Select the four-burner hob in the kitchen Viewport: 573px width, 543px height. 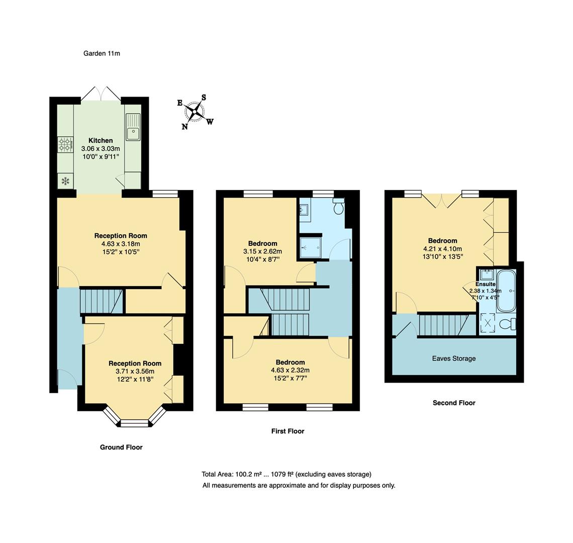[65, 144]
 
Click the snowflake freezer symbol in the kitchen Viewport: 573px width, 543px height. [65, 181]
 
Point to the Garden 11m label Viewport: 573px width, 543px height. [102, 53]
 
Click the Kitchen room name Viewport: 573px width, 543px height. [101, 140]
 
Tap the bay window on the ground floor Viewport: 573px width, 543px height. [135, 419]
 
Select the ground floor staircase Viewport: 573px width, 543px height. [102, 301]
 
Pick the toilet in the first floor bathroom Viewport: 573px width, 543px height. [338, 207]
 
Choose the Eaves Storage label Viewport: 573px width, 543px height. [453, 358]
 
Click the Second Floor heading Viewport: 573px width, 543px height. [453, 403]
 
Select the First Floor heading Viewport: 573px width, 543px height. [288, 431]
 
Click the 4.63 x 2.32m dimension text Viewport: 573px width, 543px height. [290, 371]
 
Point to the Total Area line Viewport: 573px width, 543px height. [286, 474]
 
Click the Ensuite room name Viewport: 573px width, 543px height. [485, 284]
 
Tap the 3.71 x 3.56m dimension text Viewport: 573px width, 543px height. [135, 372]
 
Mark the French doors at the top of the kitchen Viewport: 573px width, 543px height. [101, 94]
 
